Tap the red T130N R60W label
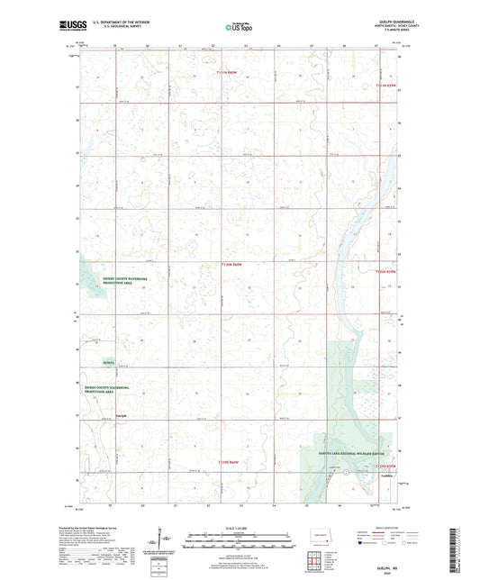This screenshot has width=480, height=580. (232, 264)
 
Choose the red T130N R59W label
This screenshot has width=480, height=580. (385, 271)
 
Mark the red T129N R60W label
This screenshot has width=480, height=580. (231, 462)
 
